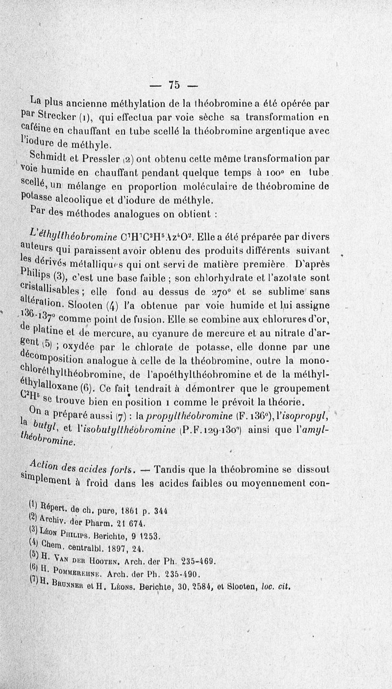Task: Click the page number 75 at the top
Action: click(x=173, y=85)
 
